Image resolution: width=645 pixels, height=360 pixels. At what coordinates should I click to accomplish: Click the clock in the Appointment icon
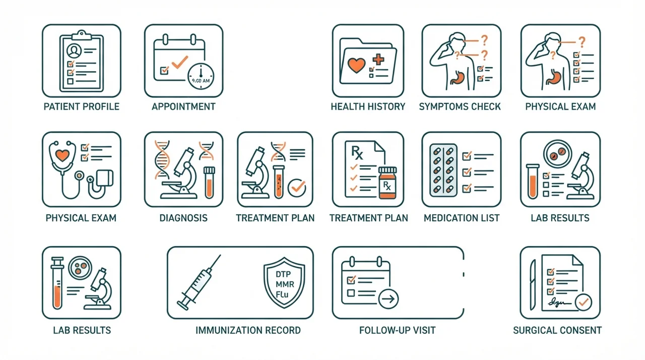pos(201,76)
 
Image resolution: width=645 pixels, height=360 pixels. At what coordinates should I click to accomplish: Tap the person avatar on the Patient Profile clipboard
pos(74,51)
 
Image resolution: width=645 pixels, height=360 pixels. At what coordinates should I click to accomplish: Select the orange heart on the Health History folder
pos(356,66)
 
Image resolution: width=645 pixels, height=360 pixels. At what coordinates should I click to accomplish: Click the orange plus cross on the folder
pos(378,59)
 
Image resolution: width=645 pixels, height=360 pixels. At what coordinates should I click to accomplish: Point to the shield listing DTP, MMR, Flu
pos(284,282)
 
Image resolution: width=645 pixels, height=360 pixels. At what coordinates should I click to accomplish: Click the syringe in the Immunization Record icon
pos(199,282)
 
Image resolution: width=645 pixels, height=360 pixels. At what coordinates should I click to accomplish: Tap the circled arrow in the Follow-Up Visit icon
pos(388,299)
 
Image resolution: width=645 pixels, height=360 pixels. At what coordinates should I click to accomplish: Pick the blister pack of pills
pos(443,170)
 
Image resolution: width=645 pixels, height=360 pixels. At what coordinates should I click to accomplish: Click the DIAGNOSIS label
pos(183,218)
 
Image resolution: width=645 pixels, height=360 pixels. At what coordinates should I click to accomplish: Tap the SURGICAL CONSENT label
pos(557,330)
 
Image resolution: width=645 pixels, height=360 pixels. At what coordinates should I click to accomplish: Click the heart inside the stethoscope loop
pos(62,155)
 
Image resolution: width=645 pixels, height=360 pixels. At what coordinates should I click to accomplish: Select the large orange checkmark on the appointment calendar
pos(180,62)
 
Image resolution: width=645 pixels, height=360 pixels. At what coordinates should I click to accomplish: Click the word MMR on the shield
pos(285,284)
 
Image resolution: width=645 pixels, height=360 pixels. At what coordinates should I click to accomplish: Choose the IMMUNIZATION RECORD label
pos(248,330)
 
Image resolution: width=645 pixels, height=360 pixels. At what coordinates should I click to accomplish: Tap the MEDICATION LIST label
pos(462,218)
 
